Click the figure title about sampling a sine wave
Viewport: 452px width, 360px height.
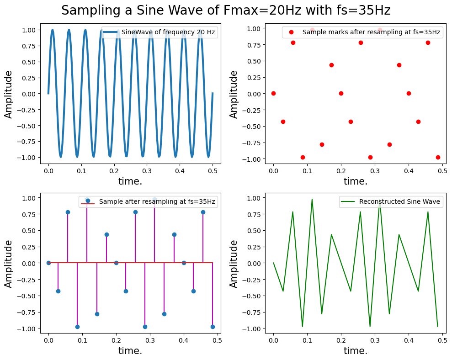[x=226, y=11]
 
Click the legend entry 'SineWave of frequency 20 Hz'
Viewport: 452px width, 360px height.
[x=168, y=32]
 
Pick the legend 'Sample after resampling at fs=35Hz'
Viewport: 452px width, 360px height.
[x=157, y=201]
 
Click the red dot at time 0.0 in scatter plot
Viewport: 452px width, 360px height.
[x=273, y=93]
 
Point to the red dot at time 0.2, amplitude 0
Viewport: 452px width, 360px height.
[x=341, y=93]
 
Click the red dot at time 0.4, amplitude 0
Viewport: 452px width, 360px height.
[x=409, y=93]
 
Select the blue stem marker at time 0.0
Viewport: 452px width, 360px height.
[x=48, y=263]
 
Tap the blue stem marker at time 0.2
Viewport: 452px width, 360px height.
[x=116, y=263]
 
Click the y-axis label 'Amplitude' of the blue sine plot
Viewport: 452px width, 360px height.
[x=9, y=94]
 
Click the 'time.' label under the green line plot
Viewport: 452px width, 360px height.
[x=356, y=351]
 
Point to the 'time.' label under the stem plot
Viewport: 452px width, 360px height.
[x=130, y=351]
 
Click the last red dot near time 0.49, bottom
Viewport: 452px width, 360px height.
[x=438, y=157]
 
